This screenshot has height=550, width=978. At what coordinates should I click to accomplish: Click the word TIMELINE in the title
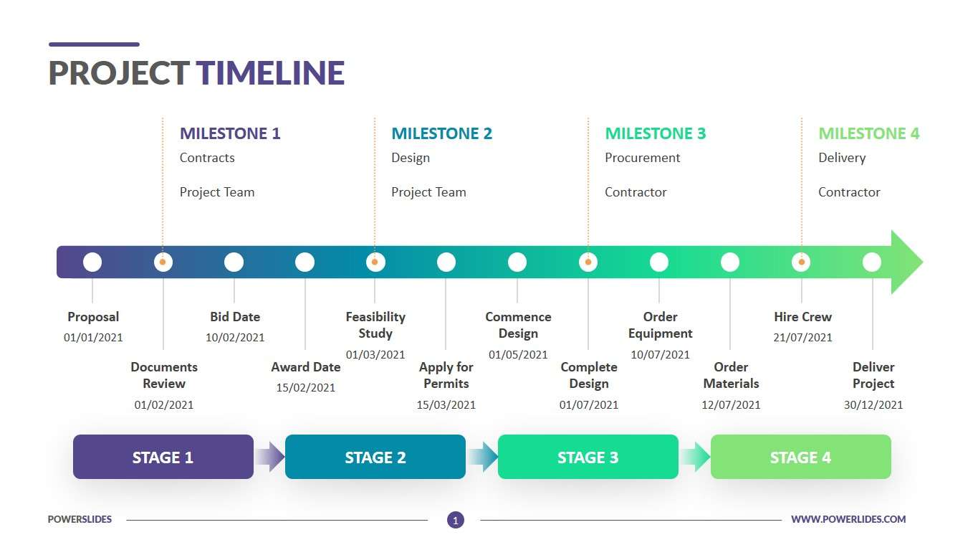pos(270,73)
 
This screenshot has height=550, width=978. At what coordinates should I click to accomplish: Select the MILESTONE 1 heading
pos(230,133)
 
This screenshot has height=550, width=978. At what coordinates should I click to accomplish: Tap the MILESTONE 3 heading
pos(655,133)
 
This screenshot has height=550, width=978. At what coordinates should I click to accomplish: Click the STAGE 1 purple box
pos(163,457)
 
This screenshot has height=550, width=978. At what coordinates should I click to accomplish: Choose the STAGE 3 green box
pos(588,457)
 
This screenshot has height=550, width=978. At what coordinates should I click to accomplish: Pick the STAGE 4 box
pos(800,457)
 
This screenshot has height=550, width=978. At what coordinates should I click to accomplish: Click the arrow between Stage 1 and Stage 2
pos(269,457)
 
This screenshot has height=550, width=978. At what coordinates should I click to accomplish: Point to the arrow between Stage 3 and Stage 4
pos(694,457)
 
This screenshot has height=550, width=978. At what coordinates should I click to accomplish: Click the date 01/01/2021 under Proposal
pos(93,337)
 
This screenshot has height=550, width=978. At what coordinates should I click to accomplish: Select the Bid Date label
pos(235,316)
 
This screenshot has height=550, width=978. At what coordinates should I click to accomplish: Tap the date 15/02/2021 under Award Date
pos(306,387)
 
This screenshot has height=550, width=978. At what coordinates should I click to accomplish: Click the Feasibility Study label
pos(375,325)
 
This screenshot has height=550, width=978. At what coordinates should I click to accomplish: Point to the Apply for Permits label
pos(446,375)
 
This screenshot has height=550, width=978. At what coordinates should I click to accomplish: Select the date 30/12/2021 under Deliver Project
pos(873,404)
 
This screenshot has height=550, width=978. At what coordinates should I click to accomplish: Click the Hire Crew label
pos(802,316)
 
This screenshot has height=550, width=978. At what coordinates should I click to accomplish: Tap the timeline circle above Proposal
pos(92,262)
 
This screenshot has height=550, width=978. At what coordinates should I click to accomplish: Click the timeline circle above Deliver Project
pos(872,262)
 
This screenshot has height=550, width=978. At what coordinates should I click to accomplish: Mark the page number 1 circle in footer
pos(455,520)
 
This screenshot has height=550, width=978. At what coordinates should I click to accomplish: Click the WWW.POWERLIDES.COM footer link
pos(848,519)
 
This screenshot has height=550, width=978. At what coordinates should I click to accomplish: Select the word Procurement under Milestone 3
pos(642,158)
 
